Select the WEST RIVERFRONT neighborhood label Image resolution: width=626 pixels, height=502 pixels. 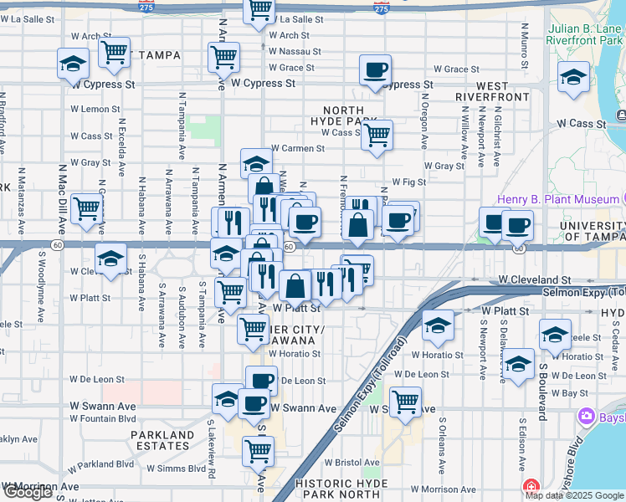click(492, 91)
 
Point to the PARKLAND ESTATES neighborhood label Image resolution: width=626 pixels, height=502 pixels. click(163, 440)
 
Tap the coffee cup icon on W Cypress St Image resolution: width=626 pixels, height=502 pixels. click(376, 70)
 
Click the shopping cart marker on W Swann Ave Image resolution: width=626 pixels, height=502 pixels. click(405, 402)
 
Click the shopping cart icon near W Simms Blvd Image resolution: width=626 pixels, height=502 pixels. click(258, 451)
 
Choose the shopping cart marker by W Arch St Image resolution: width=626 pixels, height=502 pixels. click(114, 53)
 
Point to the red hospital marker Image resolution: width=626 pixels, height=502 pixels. click(529, 487)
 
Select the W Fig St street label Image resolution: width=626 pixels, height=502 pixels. click(409, 182)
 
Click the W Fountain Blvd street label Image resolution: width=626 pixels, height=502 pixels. click(104, 418)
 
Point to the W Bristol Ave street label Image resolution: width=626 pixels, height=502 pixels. click(351, 462)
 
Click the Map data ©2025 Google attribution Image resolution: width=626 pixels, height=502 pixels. click(574, 495)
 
